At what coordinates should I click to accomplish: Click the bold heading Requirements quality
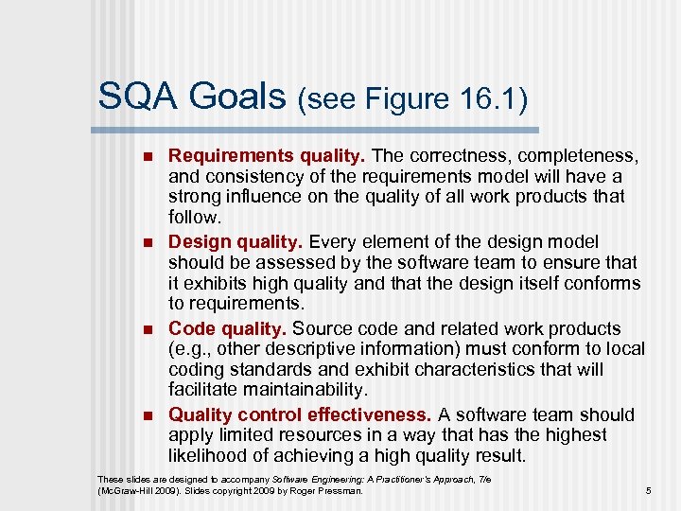267,154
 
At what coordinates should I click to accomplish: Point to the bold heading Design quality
235,241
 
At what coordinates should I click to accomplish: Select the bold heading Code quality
227,328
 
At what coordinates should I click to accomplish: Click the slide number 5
648,490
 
